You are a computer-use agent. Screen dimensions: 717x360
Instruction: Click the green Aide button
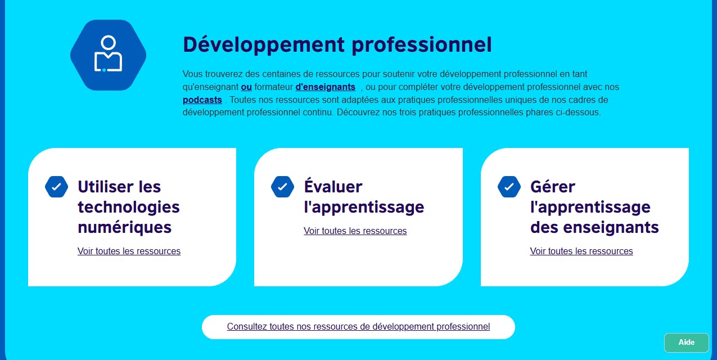686,343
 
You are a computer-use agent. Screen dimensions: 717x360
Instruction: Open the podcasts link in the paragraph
202,100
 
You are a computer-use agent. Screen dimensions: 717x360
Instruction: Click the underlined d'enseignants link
325,87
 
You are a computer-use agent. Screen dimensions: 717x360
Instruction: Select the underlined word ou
246,87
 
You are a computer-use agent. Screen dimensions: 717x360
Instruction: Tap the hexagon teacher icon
108,55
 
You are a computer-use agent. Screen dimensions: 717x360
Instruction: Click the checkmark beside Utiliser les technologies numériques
56,187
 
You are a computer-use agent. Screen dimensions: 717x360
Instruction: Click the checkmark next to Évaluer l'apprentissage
282,187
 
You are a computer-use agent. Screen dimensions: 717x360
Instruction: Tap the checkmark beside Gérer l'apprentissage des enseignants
509,187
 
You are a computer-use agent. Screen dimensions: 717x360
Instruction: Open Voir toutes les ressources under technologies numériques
129,251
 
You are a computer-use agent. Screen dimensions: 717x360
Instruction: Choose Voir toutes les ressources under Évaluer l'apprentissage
355,231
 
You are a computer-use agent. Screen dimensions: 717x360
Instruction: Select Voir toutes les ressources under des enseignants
581,251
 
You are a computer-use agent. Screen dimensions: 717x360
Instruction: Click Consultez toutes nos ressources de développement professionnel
359,327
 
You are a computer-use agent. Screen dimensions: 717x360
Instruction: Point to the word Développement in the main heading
264,45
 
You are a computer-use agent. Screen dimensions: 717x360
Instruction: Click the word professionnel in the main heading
422,45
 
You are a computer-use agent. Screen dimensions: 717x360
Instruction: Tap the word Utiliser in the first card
103,187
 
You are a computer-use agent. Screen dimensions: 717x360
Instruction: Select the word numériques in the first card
124,227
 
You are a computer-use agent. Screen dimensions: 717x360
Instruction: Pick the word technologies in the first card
129,208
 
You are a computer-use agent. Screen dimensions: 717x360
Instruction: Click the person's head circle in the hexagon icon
108,42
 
